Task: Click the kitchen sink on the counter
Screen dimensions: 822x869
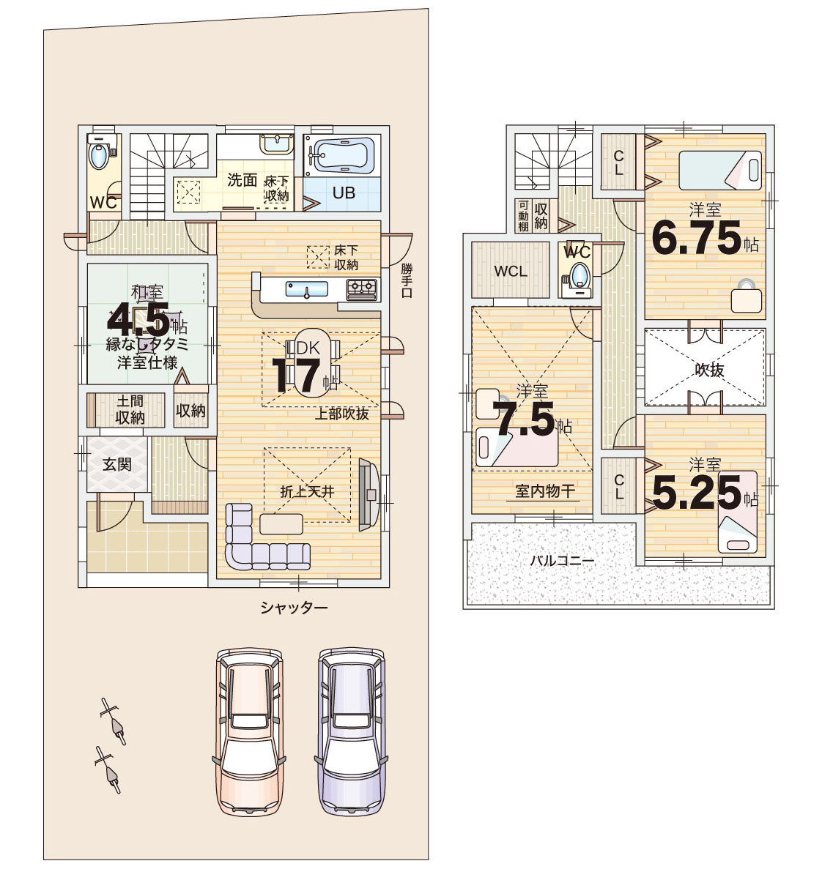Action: pos(306,289)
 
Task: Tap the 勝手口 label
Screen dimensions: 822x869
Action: pos(407,281)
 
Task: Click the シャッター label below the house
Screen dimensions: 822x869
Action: pos(294,608)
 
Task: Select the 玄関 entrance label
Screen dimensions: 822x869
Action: pos(117,464)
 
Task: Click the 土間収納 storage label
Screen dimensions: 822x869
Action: pos(130,409)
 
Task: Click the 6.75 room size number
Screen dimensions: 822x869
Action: pos(697,238)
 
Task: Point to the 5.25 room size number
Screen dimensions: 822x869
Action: pos(697,493)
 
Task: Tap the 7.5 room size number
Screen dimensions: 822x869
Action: pos(524,419)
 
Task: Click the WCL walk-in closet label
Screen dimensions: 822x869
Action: pos(511,272)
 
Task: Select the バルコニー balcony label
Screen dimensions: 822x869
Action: pos(562,560)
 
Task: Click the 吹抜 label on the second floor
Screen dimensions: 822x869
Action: pos(709,370)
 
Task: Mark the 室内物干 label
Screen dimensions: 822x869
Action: pos(545,491)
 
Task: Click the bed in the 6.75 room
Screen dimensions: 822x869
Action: pos(720,170)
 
